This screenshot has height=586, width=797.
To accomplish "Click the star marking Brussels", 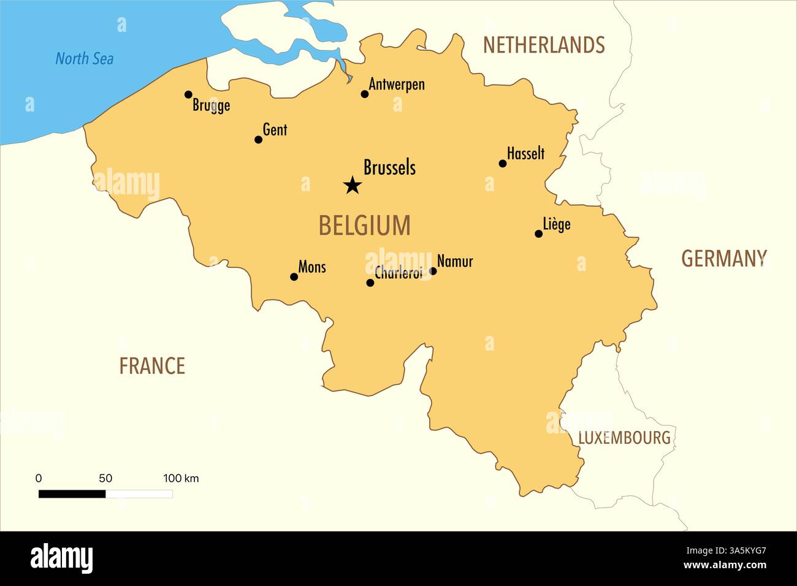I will (x=352, y=185).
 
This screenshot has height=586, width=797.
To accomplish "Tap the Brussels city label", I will (x=389, y=167).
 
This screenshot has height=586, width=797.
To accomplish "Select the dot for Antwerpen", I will (x=365, y=94).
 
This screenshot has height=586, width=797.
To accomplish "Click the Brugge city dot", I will (x=188, y=94).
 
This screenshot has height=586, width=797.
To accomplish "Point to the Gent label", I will (x=275, y=130).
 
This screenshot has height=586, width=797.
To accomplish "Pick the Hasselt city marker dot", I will (x=503, y=164).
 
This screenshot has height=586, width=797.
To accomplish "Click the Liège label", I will (x=557, y=224).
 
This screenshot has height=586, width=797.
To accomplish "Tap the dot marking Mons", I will (x=294, y=277).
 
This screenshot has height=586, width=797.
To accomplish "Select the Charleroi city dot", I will (x=370, y=283).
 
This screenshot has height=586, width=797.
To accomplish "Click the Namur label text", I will (x=455, y=262).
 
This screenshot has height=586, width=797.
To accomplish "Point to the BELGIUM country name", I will (x=364, y=226).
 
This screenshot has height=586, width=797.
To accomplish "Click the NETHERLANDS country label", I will (x=544, y=45).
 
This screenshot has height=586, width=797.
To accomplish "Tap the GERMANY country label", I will (x=724, y=259).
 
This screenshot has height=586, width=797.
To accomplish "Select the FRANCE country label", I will (x=152, y=366).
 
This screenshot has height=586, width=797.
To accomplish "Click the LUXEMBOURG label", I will (x=624, y=438).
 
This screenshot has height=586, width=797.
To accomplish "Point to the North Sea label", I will (x=85, y=59).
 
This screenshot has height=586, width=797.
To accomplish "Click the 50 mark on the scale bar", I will (x=105, y=478).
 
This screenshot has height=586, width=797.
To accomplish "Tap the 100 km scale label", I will (x=181, y=478).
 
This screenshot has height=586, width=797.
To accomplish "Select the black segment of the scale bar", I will (x=72, y=493).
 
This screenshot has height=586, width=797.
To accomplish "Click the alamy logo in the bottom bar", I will (x=62, y=558).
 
